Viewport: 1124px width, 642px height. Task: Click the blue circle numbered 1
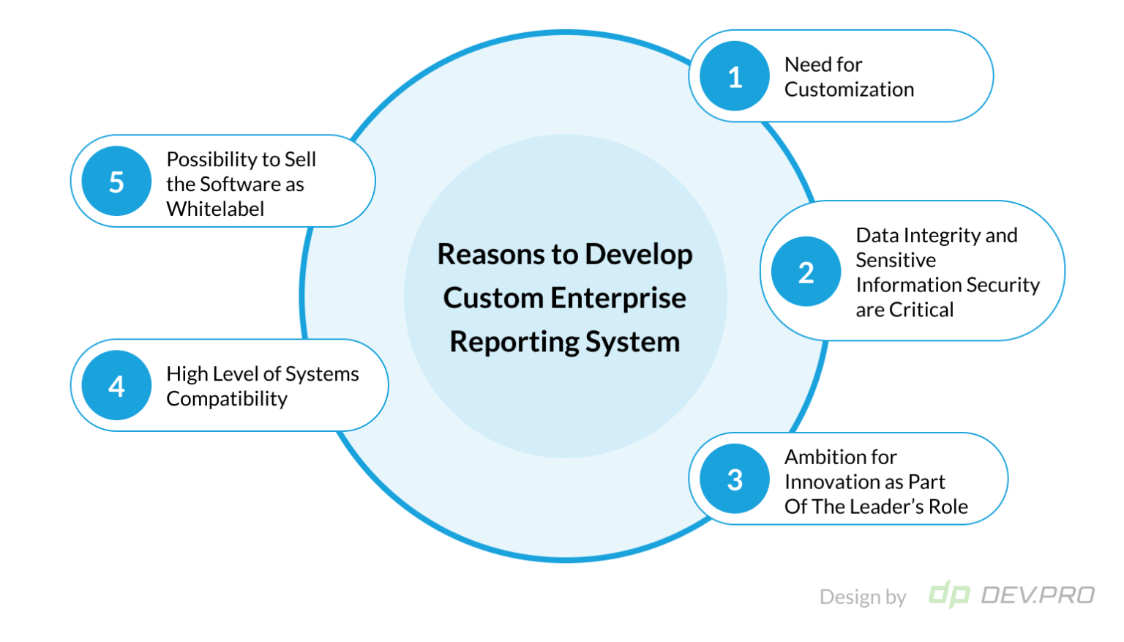(735, 76)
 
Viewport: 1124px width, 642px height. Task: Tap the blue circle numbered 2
(806, 272)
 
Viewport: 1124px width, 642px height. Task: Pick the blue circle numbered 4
(116, 385)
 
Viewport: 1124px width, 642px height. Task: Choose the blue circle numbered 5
(116, 181)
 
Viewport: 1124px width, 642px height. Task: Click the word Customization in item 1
(849, 89)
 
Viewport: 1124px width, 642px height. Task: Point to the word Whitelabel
(215, 209)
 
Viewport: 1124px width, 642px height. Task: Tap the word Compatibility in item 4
(227, 399)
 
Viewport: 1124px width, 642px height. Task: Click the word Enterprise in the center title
(618, 298)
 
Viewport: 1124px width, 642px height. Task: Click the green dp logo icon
(949, 594)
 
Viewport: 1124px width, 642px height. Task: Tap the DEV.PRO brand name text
(1037, 595)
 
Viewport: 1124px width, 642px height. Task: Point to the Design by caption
(863, 597)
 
